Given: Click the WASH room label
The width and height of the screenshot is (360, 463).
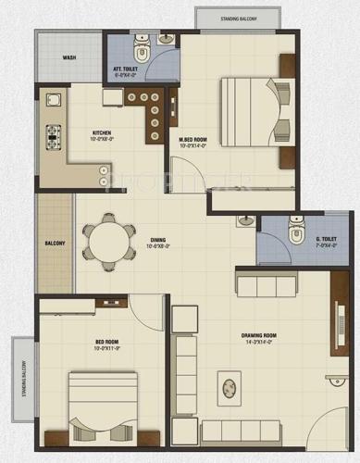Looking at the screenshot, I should [x=69, y=57].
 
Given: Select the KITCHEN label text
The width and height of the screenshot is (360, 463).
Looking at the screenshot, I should [x=102, y=134].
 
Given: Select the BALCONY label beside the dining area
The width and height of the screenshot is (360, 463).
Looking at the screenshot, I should [x=55, y=244].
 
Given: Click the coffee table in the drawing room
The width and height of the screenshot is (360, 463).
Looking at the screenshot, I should [x=229, y=384].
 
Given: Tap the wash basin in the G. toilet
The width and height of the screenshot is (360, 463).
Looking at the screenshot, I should [x=246, y=222].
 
